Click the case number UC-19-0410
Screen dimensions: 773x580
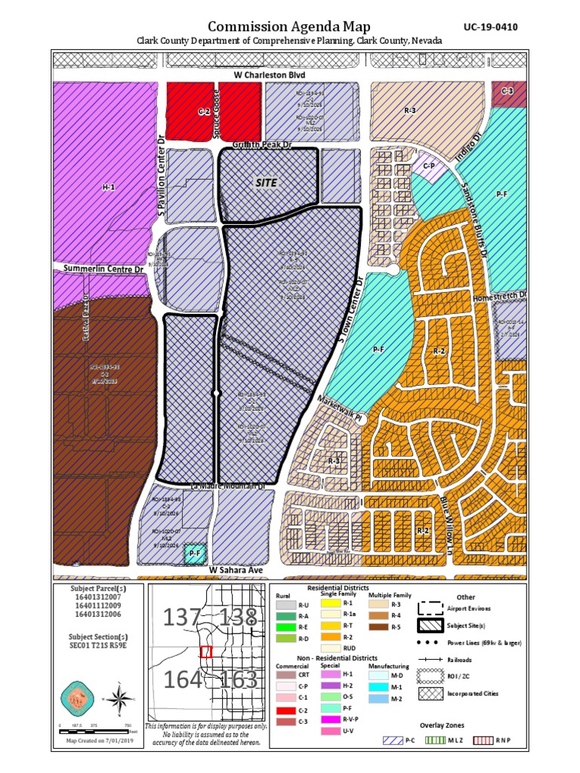490,27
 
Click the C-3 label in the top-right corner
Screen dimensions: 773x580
507,91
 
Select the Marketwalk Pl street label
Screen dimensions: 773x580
341,404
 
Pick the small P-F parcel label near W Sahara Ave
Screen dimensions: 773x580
195,554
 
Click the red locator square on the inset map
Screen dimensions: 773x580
206,651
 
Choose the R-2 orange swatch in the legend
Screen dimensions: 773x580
330,636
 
